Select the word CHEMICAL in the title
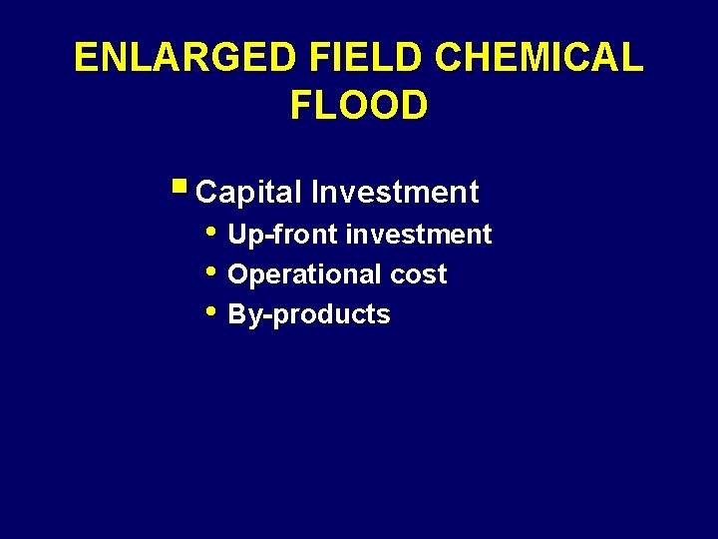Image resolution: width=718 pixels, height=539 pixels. tap(538, 58)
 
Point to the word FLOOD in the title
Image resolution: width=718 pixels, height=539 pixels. tap(359, 104)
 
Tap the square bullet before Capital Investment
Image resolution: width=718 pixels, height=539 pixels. tap(179, 186)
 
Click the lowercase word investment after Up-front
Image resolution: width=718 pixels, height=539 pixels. tap(418, 235)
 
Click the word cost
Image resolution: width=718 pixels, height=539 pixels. tap(419, 274)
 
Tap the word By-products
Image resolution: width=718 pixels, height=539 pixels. tap(309, 315)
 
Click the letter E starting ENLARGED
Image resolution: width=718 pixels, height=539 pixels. tap(86, 58)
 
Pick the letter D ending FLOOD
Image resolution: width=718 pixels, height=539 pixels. tap(414, 104)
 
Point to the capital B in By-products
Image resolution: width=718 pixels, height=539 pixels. tap(237, 314)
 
